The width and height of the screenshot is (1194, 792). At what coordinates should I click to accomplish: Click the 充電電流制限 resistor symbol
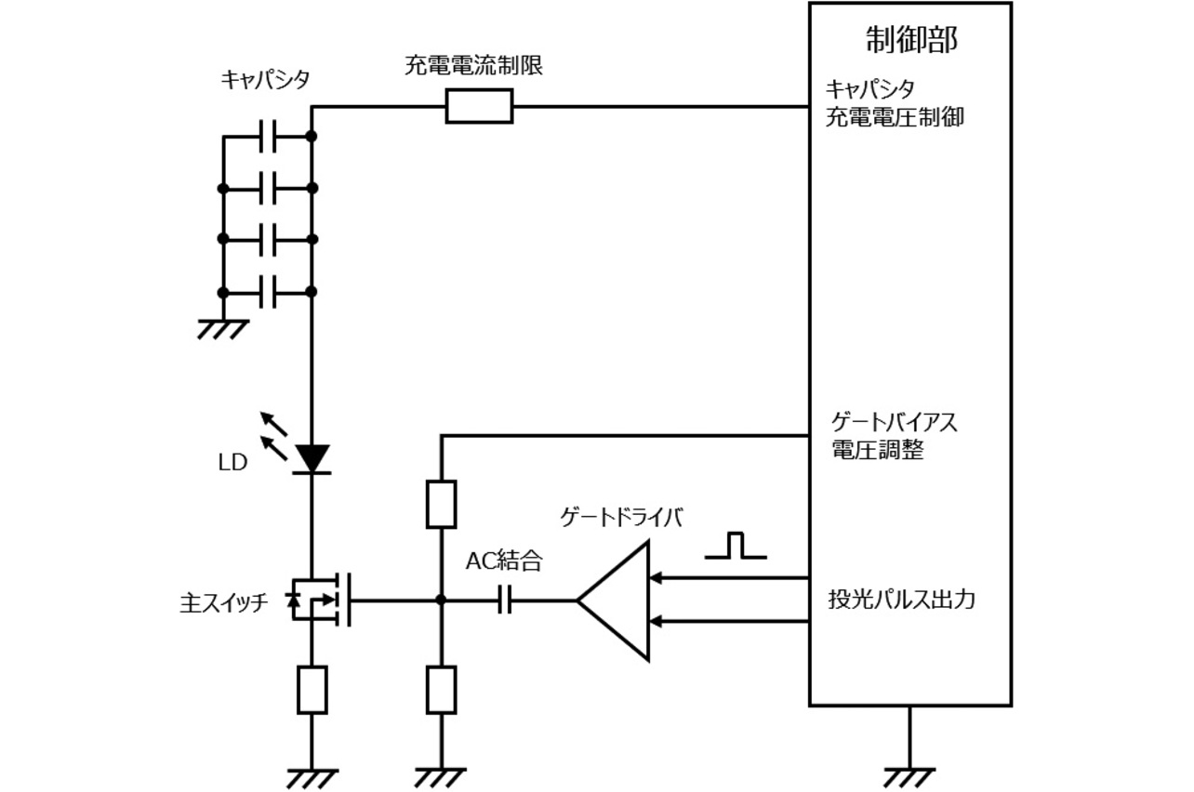click(x=479, y=106)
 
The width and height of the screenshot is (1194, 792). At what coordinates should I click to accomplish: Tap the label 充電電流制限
click(x=473, y=66)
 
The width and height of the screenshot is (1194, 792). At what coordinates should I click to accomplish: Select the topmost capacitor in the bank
click(x=268, y=137)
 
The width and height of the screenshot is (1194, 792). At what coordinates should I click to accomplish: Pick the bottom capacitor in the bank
click(x=268, y=291)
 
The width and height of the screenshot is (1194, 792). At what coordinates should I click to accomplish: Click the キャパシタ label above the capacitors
click(x=264, y=81)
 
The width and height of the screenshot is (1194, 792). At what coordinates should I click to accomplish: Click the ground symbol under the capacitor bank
click(x=223, y=328)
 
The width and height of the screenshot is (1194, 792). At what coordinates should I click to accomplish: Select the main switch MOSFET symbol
click(x=321, y=600)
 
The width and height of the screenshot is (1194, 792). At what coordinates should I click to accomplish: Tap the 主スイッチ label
click(x=224, y=602)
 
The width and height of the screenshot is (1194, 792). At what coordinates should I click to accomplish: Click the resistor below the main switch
click(x=312, y=689)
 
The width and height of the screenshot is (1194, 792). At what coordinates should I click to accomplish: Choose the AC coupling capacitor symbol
click(x=505, y=600)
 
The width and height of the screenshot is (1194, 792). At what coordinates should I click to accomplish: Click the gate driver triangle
click(x=617, y=600)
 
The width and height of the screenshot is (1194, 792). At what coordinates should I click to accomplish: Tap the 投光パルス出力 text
click(x=901, y=600)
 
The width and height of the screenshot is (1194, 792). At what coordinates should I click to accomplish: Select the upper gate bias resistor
click(x=441, y=505)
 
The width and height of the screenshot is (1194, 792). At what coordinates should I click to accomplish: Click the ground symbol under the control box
click(x=908, y=774)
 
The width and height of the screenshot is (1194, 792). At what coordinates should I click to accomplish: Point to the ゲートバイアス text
click(x=893, y=423)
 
